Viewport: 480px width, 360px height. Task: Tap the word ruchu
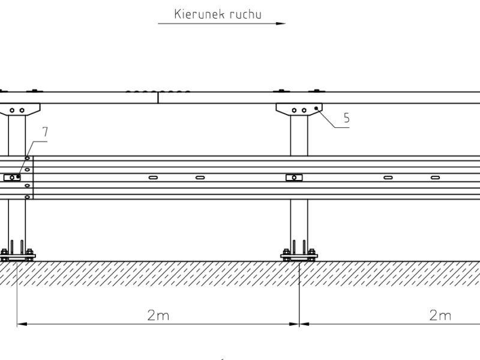(246, 14)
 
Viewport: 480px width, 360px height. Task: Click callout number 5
(346, 118)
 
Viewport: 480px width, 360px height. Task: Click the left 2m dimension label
(158, 316)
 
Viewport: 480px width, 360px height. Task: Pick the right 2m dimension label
(440, 316)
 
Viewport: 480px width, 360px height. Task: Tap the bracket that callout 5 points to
(299, 109)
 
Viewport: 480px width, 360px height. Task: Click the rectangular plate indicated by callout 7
(12, 177)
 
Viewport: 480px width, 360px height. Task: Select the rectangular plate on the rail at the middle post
(294, 177)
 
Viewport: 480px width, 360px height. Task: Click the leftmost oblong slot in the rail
(154, 177)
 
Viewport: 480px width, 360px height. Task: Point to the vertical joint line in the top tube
(158, 98)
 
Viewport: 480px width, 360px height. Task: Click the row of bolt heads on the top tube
(158, 92)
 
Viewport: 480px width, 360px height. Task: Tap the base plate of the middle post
(299, 256)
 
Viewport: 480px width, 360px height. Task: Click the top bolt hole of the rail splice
(28, 158)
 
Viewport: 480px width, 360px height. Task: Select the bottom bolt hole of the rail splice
(28, 196)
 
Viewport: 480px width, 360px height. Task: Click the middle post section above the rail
(299, 135)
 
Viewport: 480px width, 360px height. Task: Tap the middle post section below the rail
(299, 222)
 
